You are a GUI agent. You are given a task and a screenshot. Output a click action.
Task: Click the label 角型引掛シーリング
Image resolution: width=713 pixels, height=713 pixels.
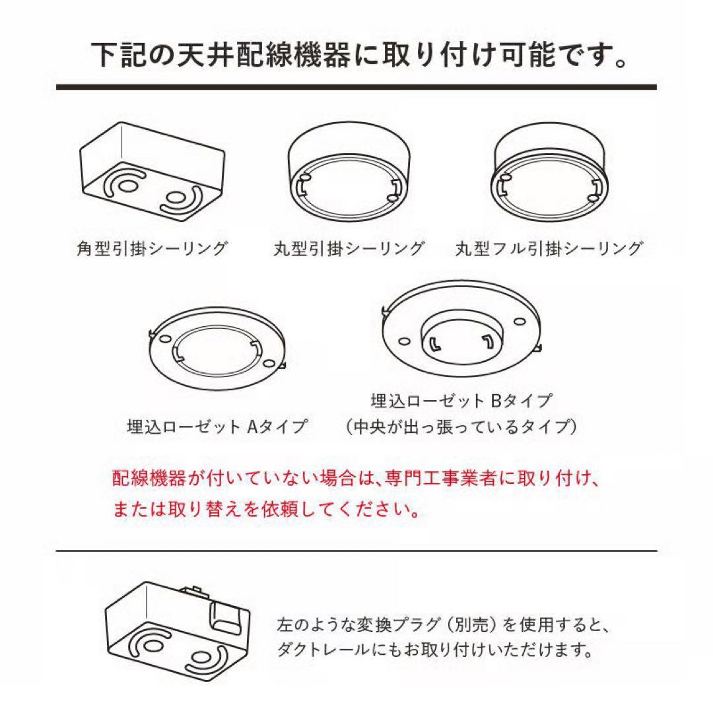click(152, 248)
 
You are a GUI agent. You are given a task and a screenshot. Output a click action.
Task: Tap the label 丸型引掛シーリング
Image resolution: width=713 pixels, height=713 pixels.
click(349, 248)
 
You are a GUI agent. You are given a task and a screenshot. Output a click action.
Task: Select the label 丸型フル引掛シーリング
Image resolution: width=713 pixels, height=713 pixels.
click(549, 248)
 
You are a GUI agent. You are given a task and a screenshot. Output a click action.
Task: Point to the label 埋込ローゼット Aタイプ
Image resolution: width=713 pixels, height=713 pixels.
click(217, 426)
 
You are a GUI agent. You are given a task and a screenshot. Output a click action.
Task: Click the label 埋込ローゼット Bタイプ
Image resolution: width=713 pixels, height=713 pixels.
click(461, 401)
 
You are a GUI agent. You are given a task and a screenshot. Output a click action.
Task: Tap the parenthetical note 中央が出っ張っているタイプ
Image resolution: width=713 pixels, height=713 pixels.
click(461, 426)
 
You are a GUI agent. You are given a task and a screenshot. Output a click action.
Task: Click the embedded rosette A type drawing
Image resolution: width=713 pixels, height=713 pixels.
click(217, 349)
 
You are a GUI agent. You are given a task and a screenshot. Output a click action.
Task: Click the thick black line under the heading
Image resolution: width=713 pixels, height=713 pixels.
click(356, 87)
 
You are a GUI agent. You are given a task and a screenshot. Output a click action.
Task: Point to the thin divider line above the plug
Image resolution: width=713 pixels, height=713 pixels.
click(356, 551)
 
